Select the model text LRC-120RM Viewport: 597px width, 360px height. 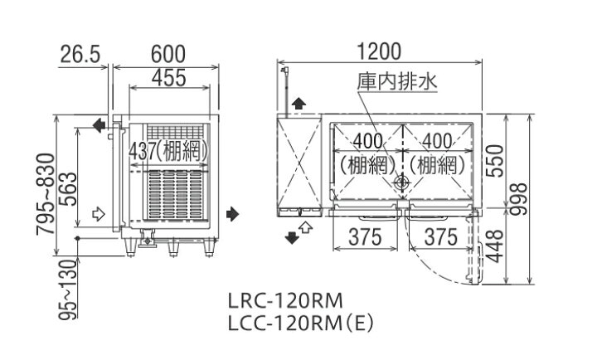[x=284, y=299]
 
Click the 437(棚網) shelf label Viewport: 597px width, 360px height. [x=167, y=151]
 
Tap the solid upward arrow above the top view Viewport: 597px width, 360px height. [x=298, y=104]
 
